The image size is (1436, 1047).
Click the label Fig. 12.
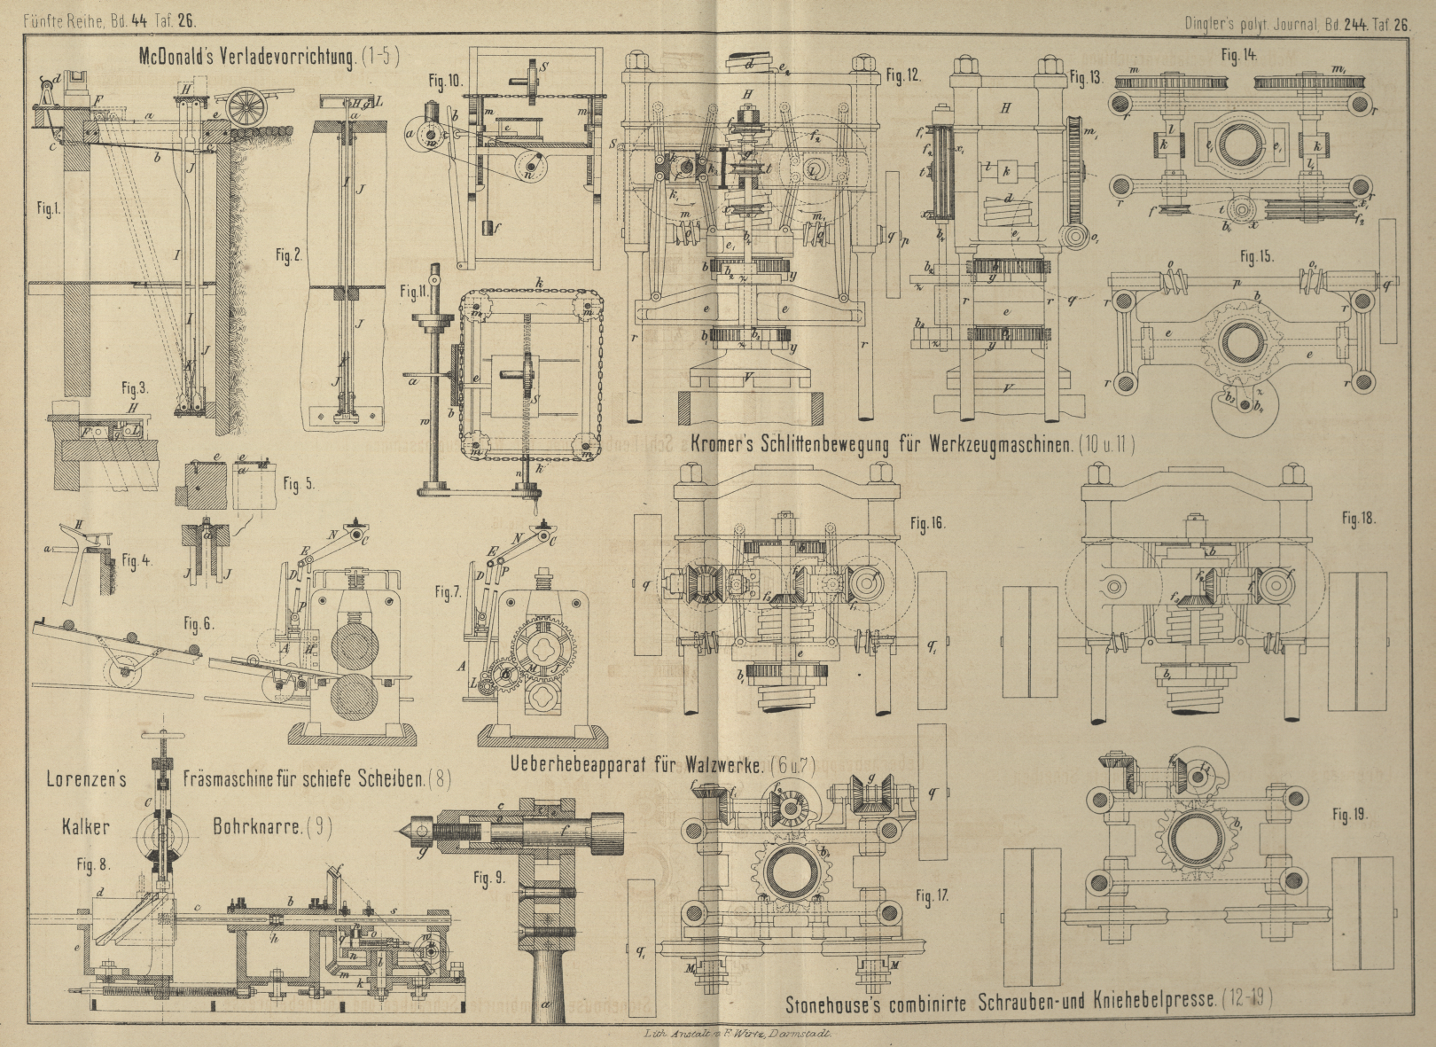[x=903, y=75]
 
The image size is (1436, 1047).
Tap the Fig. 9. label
[x=488, y=878]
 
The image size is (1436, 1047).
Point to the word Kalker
[x=86, y=826]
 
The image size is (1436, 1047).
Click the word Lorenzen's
[x=87, y=779]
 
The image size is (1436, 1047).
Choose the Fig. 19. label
[x=1349, y=814]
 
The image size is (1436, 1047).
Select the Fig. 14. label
[x=1238, y=56]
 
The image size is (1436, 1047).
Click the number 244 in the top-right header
[x=1354, y=25]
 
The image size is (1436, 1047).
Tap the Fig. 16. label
[x=927, y=523]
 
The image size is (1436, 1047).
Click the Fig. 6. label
[x=198, y=623]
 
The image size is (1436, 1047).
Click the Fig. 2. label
[x=288, y=255]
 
